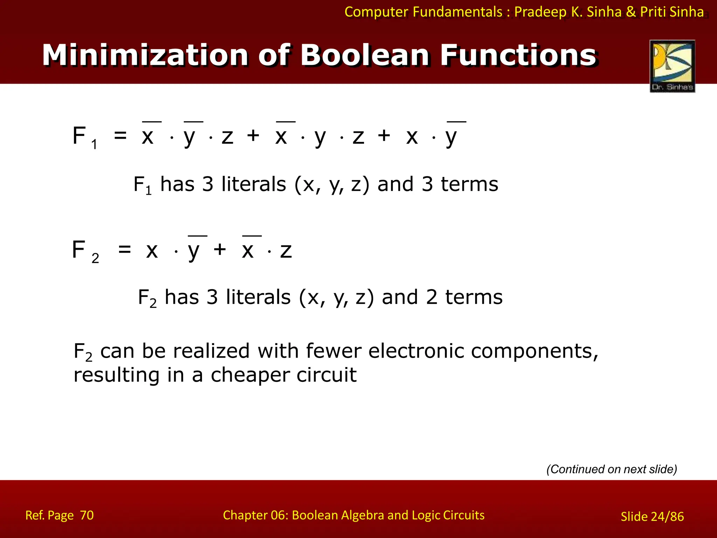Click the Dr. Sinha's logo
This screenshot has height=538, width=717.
pyautogui.click(x=672, y=66)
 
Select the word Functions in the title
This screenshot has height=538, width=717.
pyautogui.click(x=518, y=55)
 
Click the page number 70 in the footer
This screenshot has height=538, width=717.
pyautogui.click(x=87, y=515)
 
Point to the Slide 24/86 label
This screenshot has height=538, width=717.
pyautogui.click(x=652, y=517)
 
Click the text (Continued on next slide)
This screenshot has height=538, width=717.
pyautogui.click(x=612, y=469)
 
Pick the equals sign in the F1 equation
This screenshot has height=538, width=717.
pyautogui.click(x=120, y=136)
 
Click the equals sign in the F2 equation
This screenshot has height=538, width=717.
pyautogui.click(x=125, y=250)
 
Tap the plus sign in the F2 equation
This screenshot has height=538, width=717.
pyautogui.click(x=220, y=250)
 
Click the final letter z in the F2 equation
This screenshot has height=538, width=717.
pyautogui.click(x=286, y=251)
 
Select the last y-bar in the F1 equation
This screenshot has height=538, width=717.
pyautogui.click(x=452, y=136)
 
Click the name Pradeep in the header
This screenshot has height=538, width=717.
pyautogui.click(x=540, y=12)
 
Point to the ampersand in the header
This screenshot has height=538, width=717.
pyautogui.click(x=631, y=12)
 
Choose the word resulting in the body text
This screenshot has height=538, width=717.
pyautogui.click(x=116, y=375)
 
